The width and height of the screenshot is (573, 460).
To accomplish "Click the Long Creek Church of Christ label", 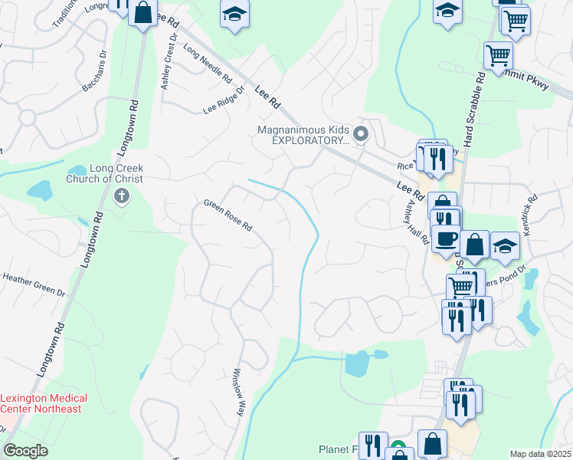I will (116, 173).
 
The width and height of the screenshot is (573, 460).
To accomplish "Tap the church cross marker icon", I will (121, 197).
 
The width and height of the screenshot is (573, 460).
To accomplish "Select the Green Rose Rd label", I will (228, 215).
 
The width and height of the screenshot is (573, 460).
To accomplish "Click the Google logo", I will (26, 451).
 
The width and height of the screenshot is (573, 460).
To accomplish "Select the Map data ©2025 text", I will (539, 454).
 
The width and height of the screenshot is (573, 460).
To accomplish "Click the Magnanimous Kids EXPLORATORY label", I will (303, 136).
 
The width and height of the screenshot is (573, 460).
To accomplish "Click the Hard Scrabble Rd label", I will (473, 100).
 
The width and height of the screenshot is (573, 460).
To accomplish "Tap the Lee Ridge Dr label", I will (223, 100).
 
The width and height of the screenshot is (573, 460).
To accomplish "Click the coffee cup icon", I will (445, 236).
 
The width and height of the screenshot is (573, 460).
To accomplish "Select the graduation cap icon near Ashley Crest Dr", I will (234, 15).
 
